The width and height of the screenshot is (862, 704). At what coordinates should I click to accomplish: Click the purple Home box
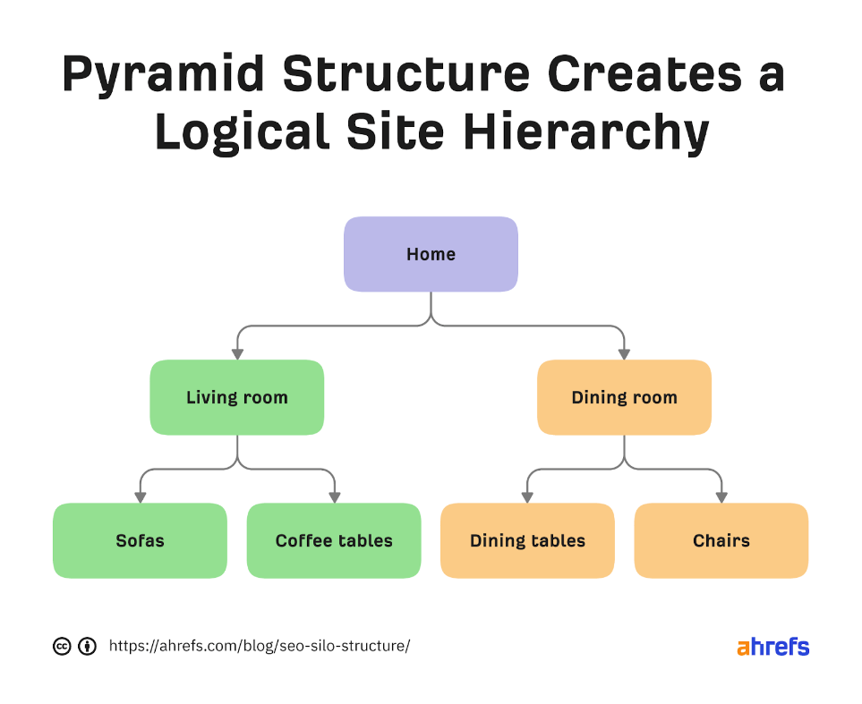431,254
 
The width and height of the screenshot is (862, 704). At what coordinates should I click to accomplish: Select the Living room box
237,397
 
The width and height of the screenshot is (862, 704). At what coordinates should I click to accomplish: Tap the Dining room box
624,397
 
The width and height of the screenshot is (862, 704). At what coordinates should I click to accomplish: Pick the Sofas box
141,541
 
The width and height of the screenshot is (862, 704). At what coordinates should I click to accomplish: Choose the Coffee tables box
334,541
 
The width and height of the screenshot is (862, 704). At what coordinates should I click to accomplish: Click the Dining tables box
528,541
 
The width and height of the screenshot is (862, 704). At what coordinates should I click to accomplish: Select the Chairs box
721,541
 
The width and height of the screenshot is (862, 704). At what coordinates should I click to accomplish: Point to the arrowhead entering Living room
237,354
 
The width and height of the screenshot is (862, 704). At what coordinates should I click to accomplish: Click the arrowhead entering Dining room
624,354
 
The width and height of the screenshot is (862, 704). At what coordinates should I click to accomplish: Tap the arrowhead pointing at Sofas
141,498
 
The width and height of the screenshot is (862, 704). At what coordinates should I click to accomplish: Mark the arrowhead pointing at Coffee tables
334,498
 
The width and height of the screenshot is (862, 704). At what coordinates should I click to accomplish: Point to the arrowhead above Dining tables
528,498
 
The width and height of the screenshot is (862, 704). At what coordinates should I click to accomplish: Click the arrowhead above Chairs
721,498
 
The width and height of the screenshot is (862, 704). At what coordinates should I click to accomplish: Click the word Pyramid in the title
163,75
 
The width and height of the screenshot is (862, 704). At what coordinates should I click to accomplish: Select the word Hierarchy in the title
586,132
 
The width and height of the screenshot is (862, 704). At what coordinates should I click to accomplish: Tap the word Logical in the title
243,132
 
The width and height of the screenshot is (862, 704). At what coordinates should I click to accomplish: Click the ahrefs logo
773,646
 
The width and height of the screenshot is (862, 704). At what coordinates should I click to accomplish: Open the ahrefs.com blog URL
260,646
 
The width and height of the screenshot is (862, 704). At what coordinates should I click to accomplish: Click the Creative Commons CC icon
62,646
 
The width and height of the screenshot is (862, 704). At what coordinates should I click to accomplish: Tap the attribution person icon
88,646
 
